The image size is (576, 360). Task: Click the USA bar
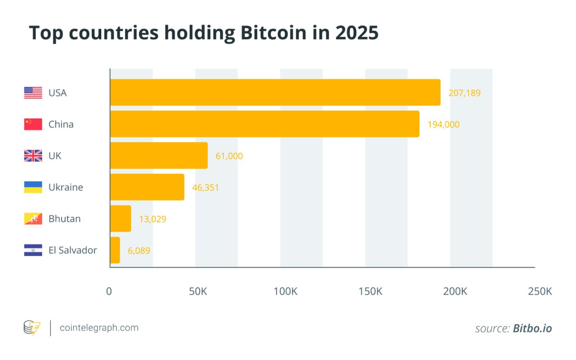click(x=275, y=93)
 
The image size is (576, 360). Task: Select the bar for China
click(x=264, y=124)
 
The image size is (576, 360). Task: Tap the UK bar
click(x=159, y=156)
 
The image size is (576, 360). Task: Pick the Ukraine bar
click(x=147, y=187)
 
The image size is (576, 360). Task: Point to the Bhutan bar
click(x=120, y=218)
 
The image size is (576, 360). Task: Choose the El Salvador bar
click(x=115, y=250)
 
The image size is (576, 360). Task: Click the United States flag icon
click(x=33, y=93)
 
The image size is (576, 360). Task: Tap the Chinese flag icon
click(x=33, y=124)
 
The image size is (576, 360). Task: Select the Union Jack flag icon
click(x=33, y=156)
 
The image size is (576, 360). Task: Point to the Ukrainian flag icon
click(x=33, y=187)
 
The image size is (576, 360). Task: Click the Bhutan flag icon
click(x=33, y=218)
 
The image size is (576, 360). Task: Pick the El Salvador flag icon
click(x=33, y=250)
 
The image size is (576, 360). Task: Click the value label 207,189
click(x=464, y=93)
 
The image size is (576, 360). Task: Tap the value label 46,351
click(x=205, y=188)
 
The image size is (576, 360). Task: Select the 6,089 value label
click(x=139, y=251)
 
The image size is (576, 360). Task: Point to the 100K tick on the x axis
click(x=285, y=291)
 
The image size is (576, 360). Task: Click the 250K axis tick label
click(x=540, y=291)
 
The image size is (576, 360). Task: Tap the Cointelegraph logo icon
click(x=32, y=328)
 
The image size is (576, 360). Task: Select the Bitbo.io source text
click(x=532, y=328)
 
